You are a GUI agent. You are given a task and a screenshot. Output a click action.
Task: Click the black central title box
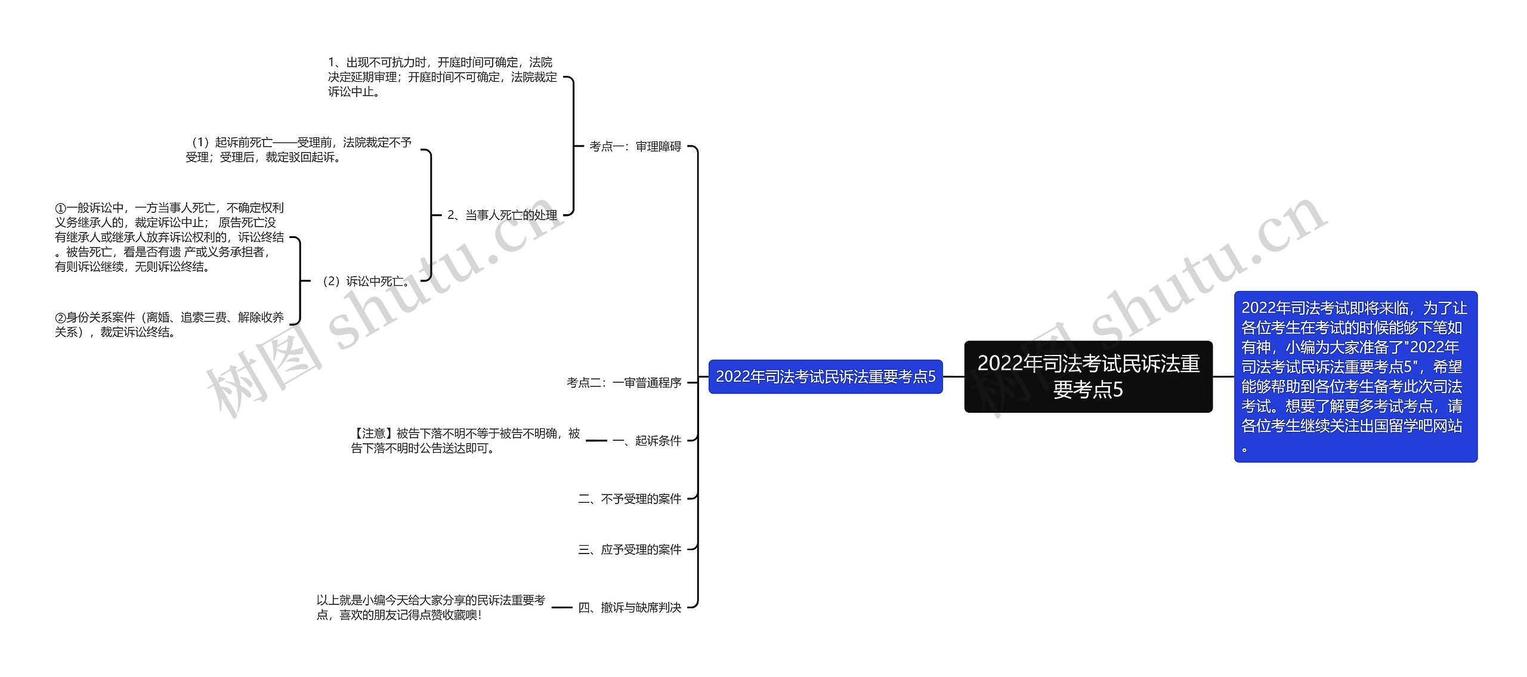pyautogui.click(x=1088, y=376)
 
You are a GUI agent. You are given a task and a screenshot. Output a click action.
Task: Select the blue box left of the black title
pyautogui.click(x=825, y=376)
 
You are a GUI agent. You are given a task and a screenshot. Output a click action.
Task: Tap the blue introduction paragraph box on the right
pyautogui.click(x=1355, y=376)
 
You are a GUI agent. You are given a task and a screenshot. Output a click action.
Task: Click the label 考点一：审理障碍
pyautogui.click(x=635, y=146)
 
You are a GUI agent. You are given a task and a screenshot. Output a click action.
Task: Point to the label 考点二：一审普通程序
pyautogui.click(x=624, y=382)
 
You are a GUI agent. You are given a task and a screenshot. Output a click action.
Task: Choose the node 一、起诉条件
pyautogui.click(x=647, y=441)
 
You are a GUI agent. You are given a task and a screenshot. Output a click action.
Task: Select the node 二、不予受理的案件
pyautogui.click(x=629, y=499)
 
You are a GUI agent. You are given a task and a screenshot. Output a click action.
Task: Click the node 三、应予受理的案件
pyautogui.click(x=629, y=549)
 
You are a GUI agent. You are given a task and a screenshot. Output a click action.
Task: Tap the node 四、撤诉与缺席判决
pyautogui.click(x=629, y=607)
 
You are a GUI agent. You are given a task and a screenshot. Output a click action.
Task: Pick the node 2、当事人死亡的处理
pyautogui.click(x=502, y=215)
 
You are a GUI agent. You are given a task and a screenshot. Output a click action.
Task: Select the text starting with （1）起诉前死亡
pyautogui.click(x=298, y=150)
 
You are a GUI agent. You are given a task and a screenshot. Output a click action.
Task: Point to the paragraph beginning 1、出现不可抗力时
pyautogui.click(x=442, y=77)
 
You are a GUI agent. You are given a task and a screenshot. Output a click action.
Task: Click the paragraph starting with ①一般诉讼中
pyautogui.click(x=169, y=237)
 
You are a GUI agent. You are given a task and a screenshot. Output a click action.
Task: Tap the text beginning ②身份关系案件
pyautogui.click(x=169, y=324)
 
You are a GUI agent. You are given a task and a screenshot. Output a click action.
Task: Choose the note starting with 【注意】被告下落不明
pyautogui.click(x=465, y=441)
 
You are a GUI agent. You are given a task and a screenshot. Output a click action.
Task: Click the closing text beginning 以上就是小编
pyautogui.click(x=431, y=607)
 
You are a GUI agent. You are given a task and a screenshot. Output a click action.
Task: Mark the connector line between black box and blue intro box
pyautogui.click(x=1223, y=376)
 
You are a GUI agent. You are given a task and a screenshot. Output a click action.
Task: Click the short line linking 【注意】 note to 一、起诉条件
pyautogui.click(x=596, y=441)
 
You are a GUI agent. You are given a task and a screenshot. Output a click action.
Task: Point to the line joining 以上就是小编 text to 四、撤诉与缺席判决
pyautogui.click(x=561, y=607)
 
